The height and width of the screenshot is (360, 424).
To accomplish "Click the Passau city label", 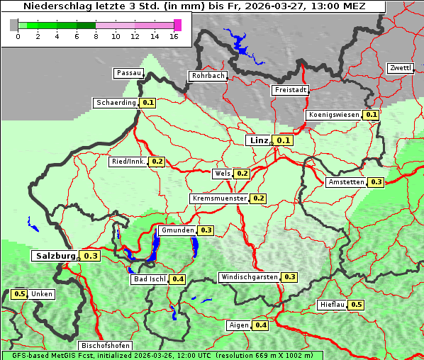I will coord(128,73).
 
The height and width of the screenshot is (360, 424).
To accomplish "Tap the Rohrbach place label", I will coord(207,76).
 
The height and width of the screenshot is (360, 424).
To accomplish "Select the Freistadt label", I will coord(290,90).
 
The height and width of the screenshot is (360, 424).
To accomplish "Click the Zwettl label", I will coord(400,68).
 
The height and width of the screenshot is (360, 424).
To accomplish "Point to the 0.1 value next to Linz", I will coord(284,141).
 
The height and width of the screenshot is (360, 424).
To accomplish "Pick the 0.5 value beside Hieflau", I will coord(356,305).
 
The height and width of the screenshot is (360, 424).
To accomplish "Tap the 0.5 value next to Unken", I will coord(19,294).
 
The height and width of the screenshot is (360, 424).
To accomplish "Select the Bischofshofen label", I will coord(101,346).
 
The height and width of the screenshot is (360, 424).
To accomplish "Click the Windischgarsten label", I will coord(249,277).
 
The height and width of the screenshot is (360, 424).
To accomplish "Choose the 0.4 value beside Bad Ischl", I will coord(177,279).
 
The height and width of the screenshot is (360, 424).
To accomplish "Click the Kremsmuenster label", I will coord(219,199).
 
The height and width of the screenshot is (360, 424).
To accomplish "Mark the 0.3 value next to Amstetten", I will coord(376,182).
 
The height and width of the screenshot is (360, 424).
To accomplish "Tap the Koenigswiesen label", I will coord(333,115).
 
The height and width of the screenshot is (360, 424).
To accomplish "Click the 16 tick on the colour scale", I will coord(174,36).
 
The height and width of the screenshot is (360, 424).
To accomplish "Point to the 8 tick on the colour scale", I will coord(96,36).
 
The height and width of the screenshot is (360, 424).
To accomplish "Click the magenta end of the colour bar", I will coord(177,25).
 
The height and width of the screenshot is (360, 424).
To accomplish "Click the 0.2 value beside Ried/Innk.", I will coord(157,162).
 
